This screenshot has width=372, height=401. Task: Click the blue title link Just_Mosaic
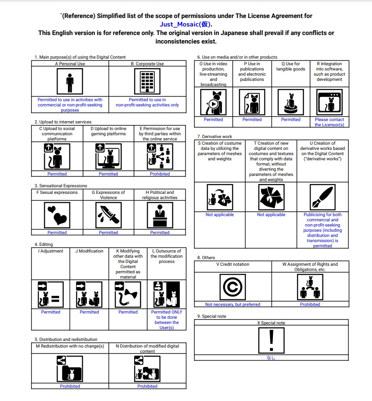186,24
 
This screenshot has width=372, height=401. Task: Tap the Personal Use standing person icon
70,82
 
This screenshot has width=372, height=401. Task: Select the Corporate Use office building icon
147,82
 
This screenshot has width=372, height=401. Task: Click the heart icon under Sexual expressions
57,216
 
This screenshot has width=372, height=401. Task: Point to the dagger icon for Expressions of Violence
108,216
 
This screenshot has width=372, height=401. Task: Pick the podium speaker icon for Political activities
160,216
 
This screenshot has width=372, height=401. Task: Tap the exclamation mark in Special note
271,340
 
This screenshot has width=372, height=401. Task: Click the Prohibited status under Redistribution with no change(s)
70,386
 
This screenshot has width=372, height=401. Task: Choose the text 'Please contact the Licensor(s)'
330,122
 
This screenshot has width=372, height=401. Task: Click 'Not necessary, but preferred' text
233,305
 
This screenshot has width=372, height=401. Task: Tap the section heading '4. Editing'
44,244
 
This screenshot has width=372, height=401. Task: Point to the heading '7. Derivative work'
215,137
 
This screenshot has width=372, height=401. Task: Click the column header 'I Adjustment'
51,251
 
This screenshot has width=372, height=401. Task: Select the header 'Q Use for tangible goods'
290,66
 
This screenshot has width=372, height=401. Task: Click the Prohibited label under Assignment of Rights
310,305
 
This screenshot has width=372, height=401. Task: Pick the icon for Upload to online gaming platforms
108,157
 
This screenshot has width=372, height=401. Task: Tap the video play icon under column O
213,102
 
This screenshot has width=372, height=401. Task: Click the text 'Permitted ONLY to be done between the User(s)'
167,320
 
